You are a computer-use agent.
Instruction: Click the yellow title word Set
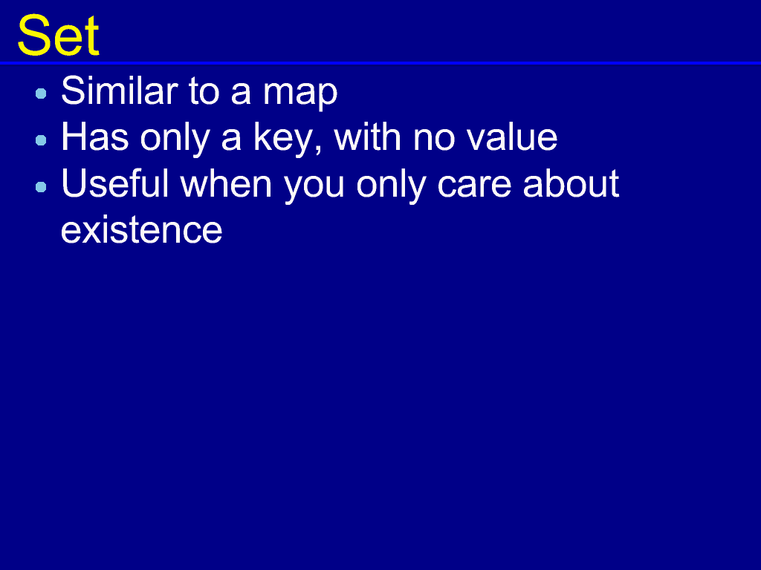pos(58,36)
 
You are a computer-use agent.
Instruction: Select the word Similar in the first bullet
pos(120,90)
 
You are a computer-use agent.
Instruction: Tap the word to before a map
pos(204,91)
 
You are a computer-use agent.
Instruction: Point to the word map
pos(300,94)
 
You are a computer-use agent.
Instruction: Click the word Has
pos(95,137)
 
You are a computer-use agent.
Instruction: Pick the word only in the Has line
pos(175,140)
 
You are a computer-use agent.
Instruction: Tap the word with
pos(367,137)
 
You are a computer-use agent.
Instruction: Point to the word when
pos(226,183)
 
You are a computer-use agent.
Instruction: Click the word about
pos(571,183)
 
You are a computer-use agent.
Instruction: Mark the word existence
pos(142,230)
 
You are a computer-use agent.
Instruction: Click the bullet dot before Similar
pos(42,94)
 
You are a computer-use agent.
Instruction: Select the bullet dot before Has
pos(42,140)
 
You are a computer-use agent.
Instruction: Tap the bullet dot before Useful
pos(42,186)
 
